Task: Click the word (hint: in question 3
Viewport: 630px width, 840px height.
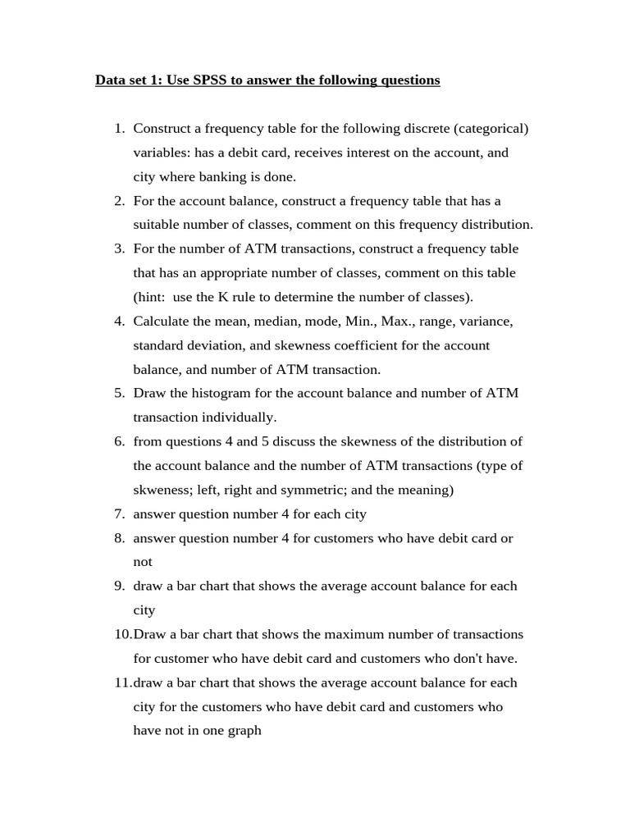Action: (152, 297)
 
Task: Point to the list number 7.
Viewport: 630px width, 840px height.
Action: (119, 514)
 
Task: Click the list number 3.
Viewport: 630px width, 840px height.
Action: (119, 249)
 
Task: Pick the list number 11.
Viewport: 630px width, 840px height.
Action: (121, 682)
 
